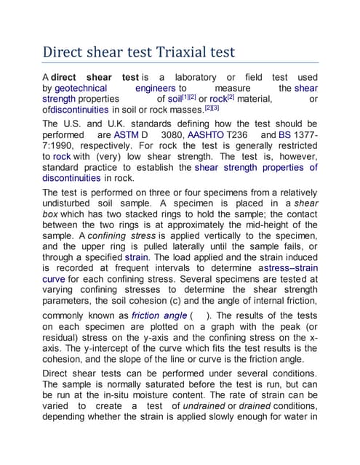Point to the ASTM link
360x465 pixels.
coord(127,135)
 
